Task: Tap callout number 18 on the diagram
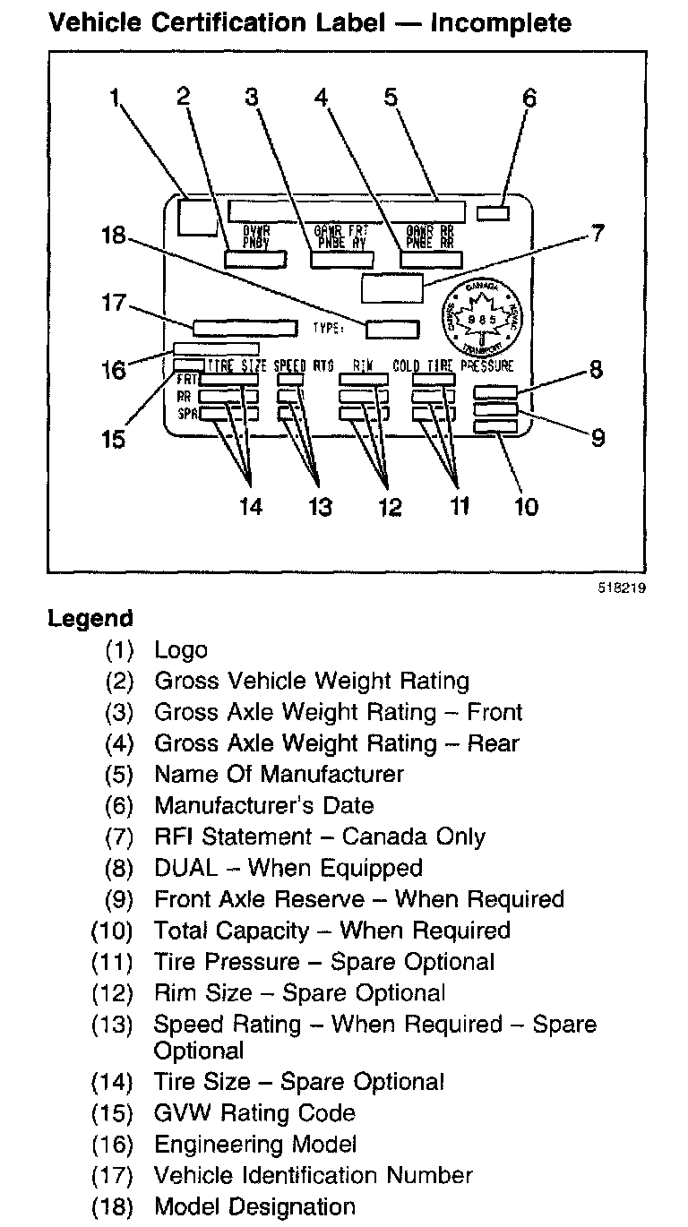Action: (114, 236)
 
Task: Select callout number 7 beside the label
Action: (596, 235)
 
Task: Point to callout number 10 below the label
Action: (526, 506)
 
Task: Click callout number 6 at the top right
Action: (529, 97)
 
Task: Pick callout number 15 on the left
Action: (114, 439)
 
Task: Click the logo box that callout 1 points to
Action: (196, 217)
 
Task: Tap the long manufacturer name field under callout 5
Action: (347, 212)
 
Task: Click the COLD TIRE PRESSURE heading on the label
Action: (453, 365)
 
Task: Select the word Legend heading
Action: (90, 619)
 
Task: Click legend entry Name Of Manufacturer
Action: (279, 774)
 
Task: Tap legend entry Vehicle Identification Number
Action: (313, 1175)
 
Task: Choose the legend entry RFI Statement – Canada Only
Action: (319, 837)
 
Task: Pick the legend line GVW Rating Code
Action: (254, 1113)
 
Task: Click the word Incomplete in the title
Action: (500, 21)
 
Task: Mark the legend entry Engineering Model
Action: (255, 1144)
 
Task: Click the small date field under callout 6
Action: (492, 213)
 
